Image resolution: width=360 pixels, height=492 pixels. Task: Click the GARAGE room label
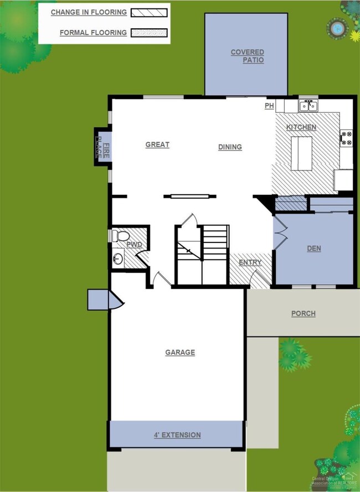pos(180,353)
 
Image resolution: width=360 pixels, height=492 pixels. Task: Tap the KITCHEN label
pos(301,128)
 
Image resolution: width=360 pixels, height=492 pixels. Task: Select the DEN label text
pos(314,249)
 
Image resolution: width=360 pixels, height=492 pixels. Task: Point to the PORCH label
pos(303,314)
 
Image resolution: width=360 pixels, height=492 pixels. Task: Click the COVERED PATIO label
pos(248,56)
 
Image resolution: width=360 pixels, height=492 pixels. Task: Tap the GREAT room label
pos(157,145)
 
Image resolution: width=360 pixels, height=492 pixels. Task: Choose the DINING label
pos(230,147)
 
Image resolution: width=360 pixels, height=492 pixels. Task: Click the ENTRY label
pos(250,262)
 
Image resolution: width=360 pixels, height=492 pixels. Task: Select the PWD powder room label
pos(133,245)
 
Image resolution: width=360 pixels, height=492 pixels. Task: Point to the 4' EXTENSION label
pos(177,435)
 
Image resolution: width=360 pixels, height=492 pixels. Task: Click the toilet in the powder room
pos(120,236)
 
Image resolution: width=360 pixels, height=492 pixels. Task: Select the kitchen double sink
pos(308,105)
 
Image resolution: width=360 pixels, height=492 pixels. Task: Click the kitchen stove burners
pos(347,138)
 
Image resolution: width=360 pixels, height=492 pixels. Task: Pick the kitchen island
pos(302,153)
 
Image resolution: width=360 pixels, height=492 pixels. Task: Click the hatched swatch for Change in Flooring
pos(149,12)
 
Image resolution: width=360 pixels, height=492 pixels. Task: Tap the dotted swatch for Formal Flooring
pos(149,33)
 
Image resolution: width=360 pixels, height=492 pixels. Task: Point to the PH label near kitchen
pos(269,106)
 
